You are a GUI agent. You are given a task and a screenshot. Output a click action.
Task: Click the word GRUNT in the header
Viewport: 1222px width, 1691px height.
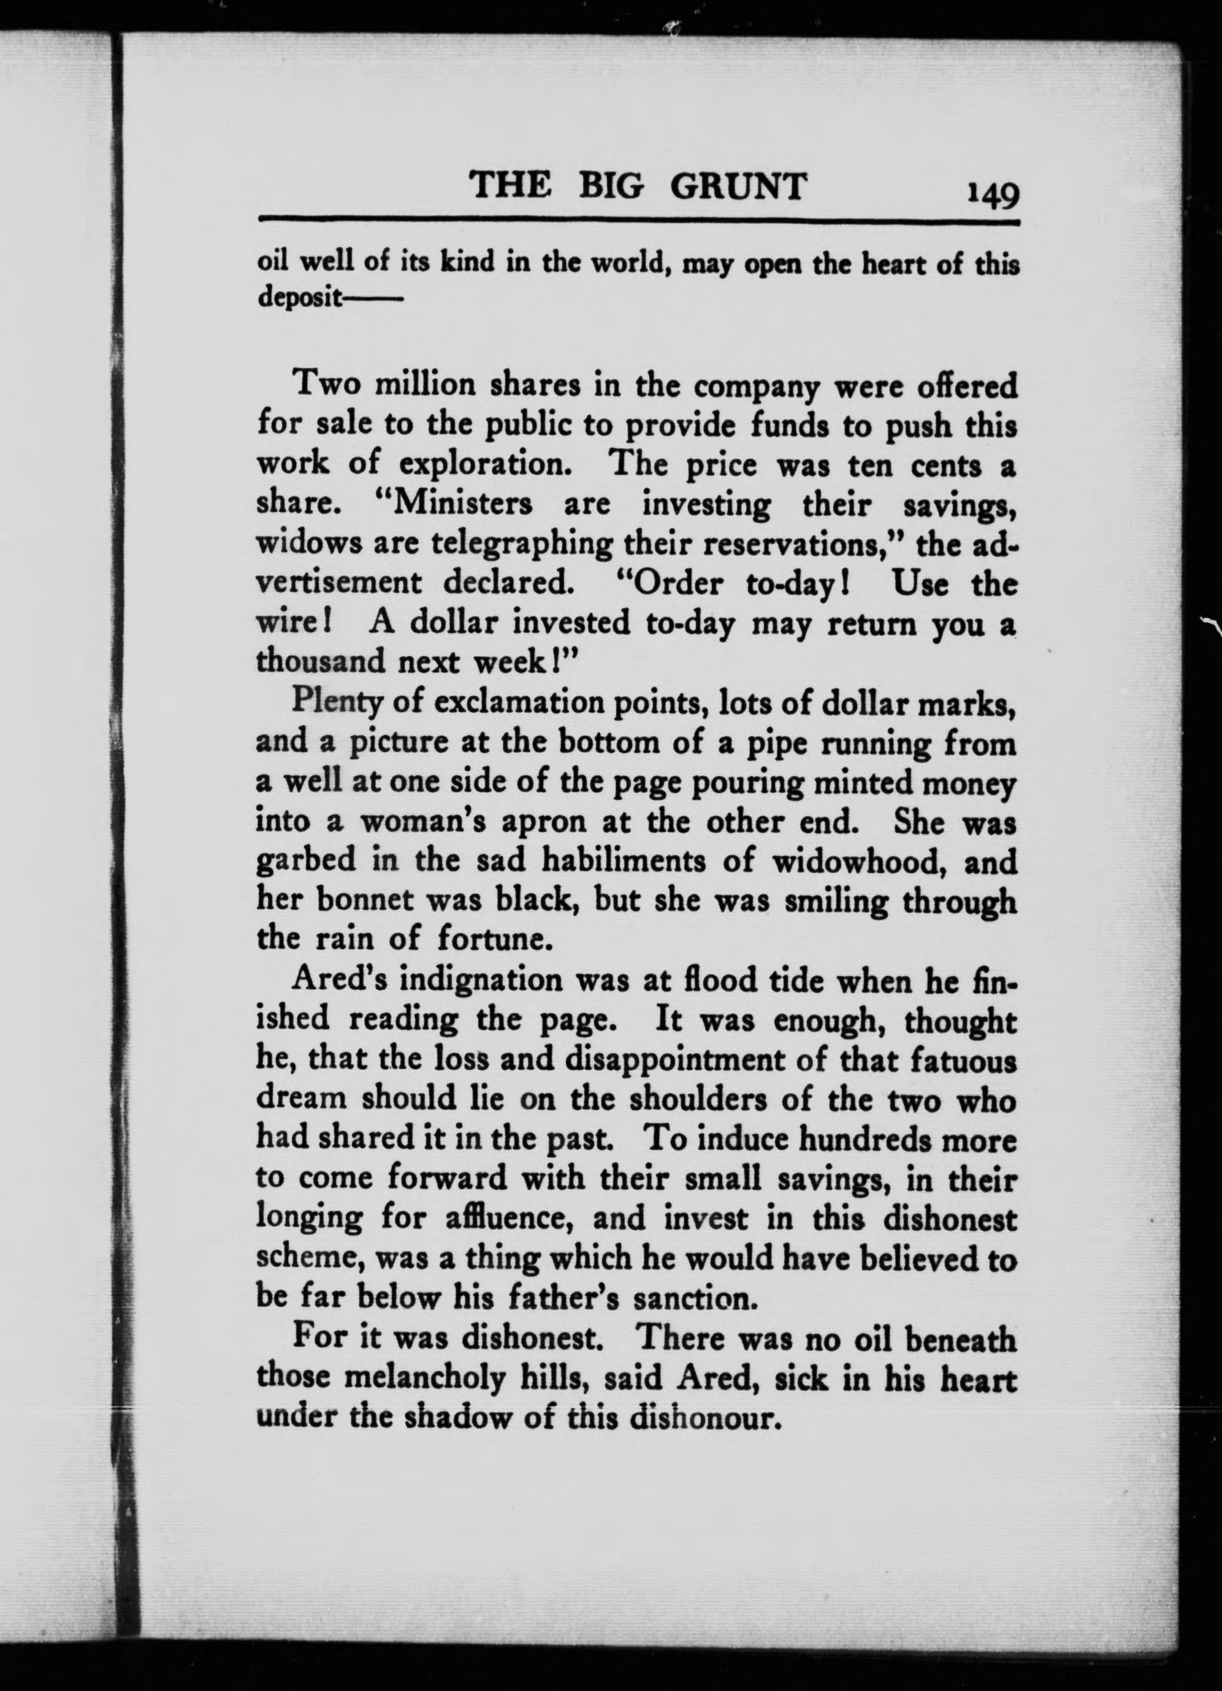tap(738, 186)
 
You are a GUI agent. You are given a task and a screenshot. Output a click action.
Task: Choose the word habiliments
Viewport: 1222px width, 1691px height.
tap(624, 861)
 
